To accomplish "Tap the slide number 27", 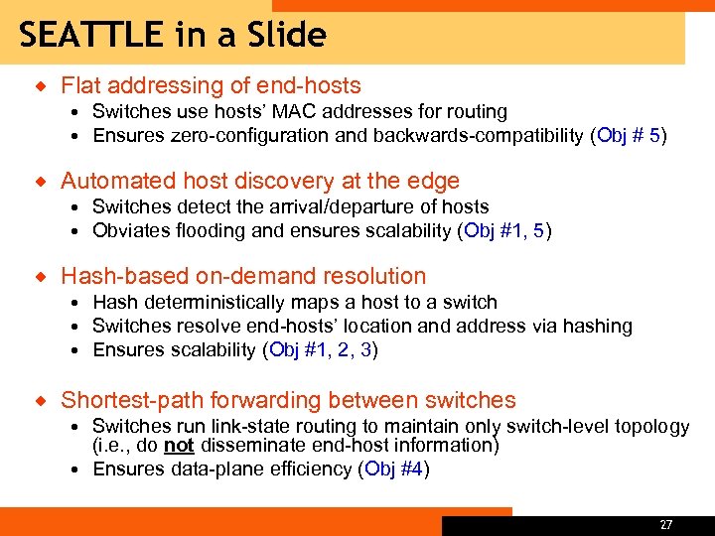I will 665,524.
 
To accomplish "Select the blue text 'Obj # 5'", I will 629,136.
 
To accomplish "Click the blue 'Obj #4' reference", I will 394,469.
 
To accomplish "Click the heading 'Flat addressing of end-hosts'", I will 211,86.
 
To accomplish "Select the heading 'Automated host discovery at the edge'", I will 260,181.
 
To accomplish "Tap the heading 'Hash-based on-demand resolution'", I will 243,276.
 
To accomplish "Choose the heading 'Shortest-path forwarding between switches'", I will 288,400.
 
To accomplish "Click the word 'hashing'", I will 599,326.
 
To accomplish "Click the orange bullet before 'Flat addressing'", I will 41,86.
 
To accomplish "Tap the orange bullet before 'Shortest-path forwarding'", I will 41,400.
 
